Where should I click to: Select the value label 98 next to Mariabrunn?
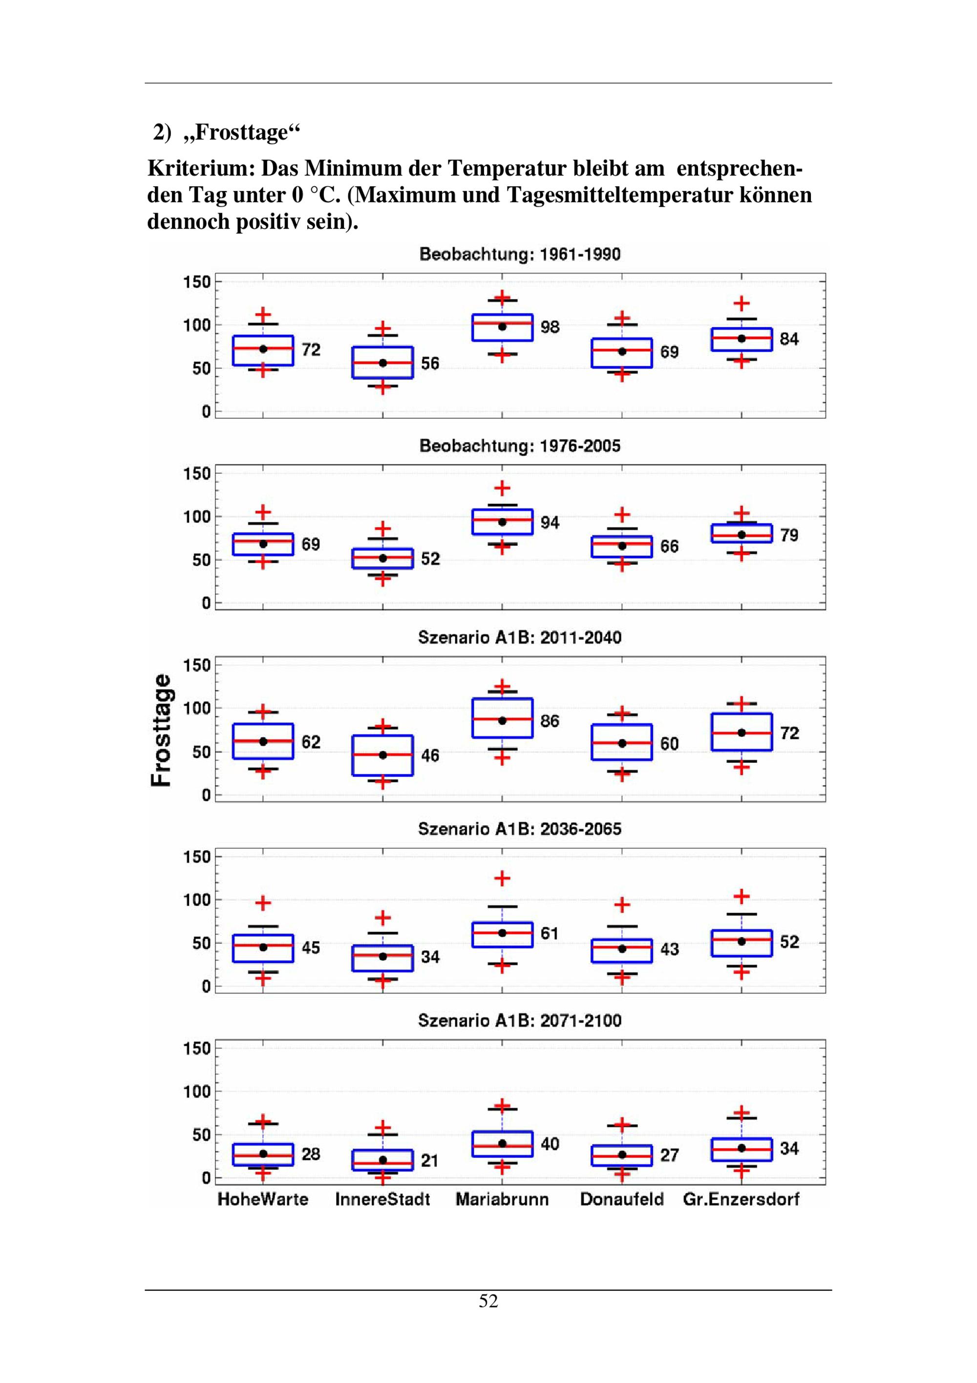point(550,327)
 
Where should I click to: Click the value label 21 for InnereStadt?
point(429,1161)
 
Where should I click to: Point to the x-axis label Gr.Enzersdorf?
point(741,1199)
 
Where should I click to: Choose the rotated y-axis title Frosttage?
point(162,730)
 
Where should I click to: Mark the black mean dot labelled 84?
point(742,339)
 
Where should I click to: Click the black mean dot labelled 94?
point(502,521)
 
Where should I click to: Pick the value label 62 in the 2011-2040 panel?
point(311,742)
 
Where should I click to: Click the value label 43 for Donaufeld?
point(669,950)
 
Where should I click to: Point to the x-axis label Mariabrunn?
point(502,1199)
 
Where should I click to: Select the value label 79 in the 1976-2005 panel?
point(789,535)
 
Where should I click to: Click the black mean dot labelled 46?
point(383,755)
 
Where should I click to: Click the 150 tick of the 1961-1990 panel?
point(197,282)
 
